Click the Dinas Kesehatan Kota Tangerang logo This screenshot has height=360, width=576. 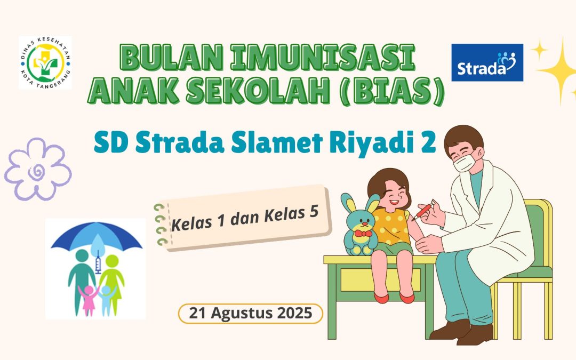45,62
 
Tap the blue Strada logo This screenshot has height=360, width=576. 487,62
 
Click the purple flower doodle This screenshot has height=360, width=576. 37,168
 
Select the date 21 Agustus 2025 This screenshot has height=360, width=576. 251,314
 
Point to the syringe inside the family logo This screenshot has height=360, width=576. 98,264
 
